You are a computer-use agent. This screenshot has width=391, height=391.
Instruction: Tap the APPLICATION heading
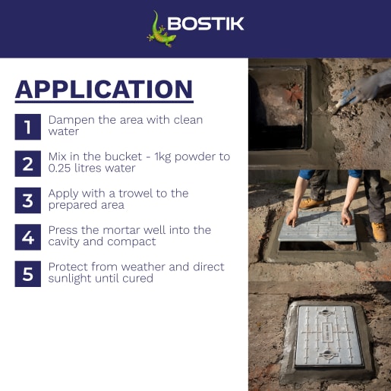104,90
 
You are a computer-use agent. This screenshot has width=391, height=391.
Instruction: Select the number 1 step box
27,126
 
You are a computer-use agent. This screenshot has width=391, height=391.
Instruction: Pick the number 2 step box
27,162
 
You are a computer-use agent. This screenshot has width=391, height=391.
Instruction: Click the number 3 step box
27,200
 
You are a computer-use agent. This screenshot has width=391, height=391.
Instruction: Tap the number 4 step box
27,236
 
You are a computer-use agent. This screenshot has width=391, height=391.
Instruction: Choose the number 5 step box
27,273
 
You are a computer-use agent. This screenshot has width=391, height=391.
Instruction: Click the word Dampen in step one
69,120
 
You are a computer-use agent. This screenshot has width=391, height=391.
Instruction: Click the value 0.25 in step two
61,169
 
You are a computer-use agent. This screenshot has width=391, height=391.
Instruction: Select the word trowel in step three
129,193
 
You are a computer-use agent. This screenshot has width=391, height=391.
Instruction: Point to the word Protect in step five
68,266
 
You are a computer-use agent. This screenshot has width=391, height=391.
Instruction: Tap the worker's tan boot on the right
379,230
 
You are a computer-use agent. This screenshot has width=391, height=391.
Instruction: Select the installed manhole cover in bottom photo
328,337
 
